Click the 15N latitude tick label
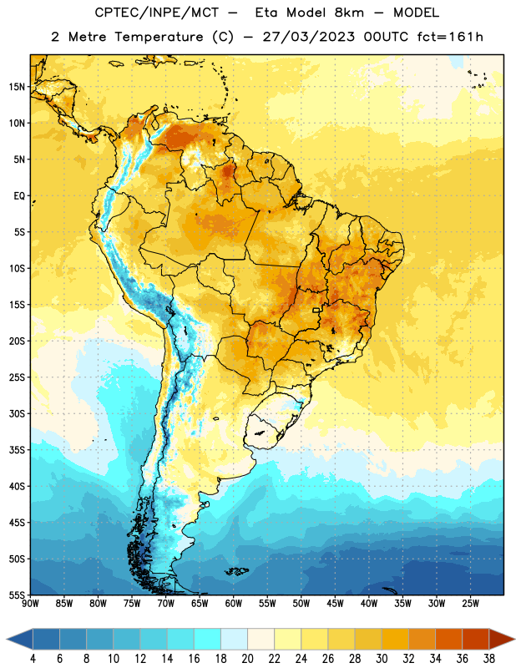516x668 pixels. (x=17, y=87)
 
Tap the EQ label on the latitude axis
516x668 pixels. (x=19, y=196)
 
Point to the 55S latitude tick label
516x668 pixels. (x=17, y=595)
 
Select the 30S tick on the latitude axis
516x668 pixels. (x=17, y=413)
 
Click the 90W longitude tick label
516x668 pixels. (x=30, y=604)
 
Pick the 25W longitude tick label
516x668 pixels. (x=470, y=604)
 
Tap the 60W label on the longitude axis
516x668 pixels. (x=234, y=604)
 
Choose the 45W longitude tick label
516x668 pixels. (x=335, y=604)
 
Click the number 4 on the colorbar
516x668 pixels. (x=33, y=659)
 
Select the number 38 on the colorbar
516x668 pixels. (x=488, y=659)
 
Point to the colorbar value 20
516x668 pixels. (x=247, y=659)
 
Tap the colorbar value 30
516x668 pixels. (x=382, y=659)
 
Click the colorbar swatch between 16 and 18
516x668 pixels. (x=208, y=639)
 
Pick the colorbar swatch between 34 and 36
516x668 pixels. (x=448, y=639)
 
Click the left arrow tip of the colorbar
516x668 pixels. (x=7, y=639)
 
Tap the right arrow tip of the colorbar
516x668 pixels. (x=514, y=639)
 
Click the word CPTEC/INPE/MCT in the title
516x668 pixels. (x=156, y=13)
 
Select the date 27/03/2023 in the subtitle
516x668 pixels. (x=308, y=37)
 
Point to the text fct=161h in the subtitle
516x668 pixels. (x=450, y=37)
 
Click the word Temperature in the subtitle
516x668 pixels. (x=159, y=38)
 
